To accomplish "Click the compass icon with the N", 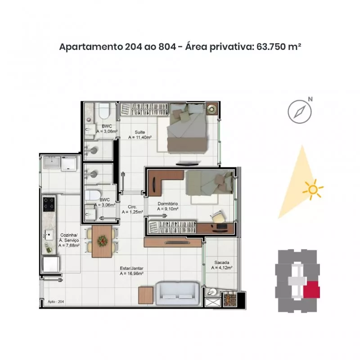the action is tap(300, 112).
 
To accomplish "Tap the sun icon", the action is tap(313, 189).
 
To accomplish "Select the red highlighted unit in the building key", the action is tap(311, 289).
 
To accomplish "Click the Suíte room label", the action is tap(140, 135).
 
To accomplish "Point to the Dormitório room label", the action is tap(168, 206).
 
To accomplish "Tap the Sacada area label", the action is tap(222, 265).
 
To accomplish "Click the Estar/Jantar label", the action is tap(131, 271).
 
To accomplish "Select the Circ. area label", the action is tap(132, 209).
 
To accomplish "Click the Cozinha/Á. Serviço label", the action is tap(69, 240).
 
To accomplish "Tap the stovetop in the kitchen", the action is tap(49, 204).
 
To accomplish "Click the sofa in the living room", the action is tap(177, 293).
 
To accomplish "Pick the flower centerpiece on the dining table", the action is tap(102, 241).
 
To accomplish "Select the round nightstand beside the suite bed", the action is tap(211, 108).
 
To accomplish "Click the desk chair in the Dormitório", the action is tap(217, 216).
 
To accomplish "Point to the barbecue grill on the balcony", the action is tap(229, 299).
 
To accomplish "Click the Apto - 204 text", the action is tap(56, 301).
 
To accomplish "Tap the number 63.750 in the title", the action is tap(271, 47).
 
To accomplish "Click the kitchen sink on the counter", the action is tap(49, 235).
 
